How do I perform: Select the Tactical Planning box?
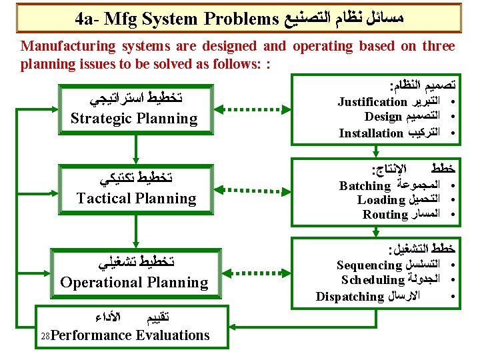click(136, 189)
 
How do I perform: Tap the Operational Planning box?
click(134, 272)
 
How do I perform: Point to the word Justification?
click(372, 102)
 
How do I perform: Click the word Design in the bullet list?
click(383, 117)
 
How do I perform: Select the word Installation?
click(371, 133)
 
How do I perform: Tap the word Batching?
click(365, 186)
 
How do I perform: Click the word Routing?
click(385, 215)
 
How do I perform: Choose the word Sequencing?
click(369, 265)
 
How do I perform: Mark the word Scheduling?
click(373, 280)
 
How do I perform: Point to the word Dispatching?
click(349, 296)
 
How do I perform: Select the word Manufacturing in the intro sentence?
click(65, 46)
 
